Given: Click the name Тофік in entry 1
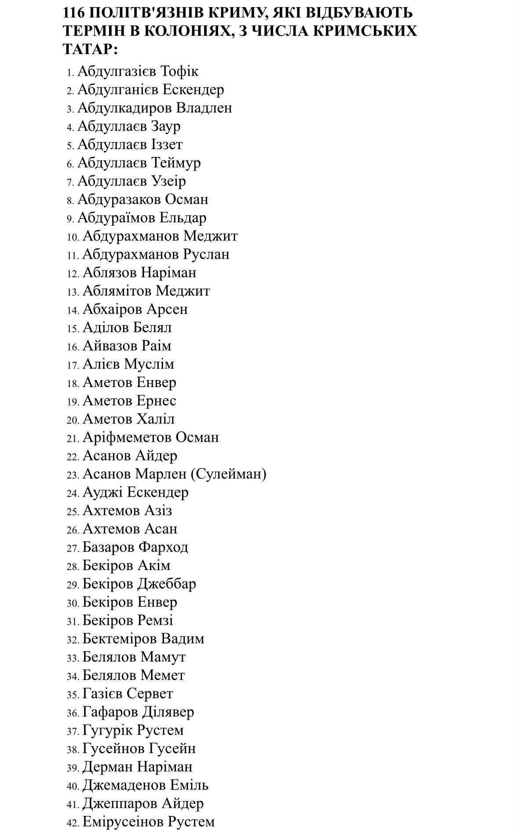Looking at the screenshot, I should (x=179, y=71).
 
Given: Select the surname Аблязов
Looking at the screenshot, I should (x=109, y=273).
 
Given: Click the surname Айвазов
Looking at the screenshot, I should (x=110, y=346).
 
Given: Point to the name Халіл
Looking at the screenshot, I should (x=156, y=419).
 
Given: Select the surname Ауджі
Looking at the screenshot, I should (x=102, y=493).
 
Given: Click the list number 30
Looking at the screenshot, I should (x=73, y=603).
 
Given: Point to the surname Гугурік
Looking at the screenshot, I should (x=107, y=731).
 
